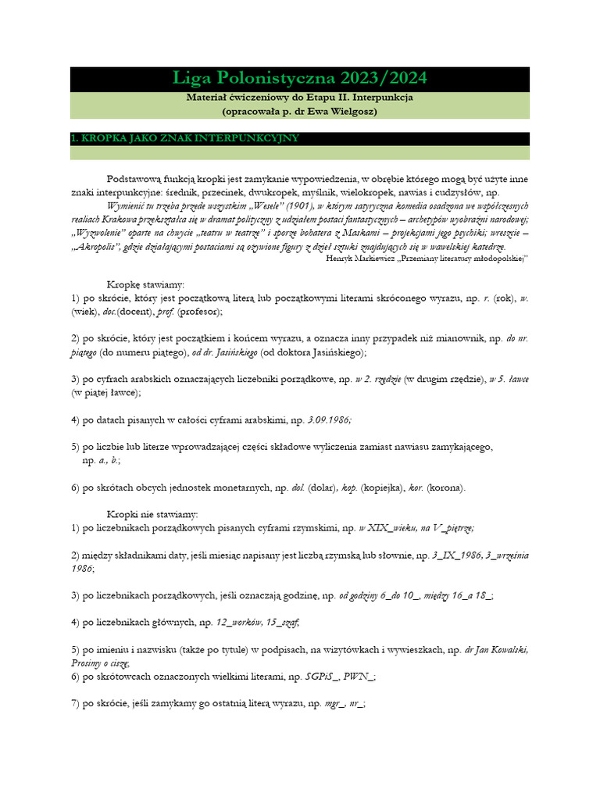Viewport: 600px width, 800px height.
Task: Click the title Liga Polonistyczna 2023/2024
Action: coord(299,79)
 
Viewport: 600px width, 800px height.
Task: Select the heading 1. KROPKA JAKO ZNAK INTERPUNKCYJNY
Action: coord(184,138)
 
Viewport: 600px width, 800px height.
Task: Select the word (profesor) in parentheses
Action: coord(199,311)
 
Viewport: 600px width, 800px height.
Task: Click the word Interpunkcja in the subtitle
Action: coord(380,98)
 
